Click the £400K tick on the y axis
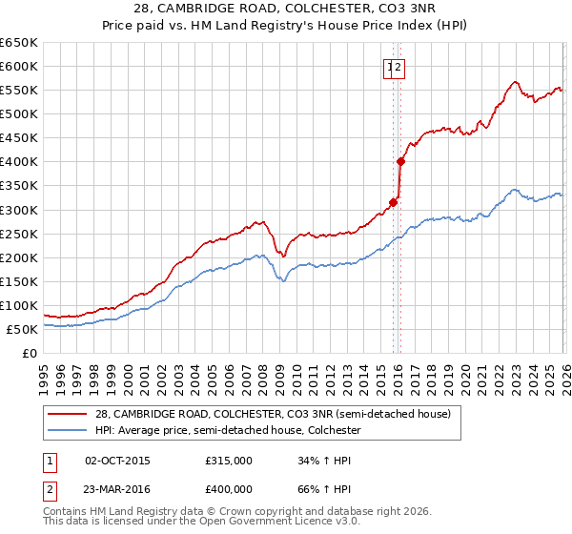(19, 162)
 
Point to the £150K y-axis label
(19, 281)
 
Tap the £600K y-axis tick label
(19, 67)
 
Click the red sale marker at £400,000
(400, 161)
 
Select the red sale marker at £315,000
(393, 202)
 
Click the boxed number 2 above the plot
(399, 67)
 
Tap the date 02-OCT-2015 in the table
(117, 461)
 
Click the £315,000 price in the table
(229, 461)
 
